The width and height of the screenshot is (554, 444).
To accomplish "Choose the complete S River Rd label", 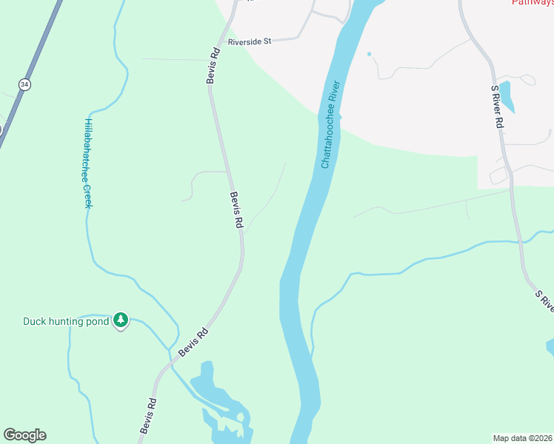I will pyautogui.click(x=498, y=107).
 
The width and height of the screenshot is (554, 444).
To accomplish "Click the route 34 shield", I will pyautogui.click(x=25, y=85).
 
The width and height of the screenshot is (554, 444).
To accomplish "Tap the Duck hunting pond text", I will pyautogui.click(x=66, y=321).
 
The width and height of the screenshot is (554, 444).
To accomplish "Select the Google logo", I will pyautogui.click(x=24, y=435).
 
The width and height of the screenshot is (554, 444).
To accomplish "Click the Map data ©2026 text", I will pyautogui.click(x=522, y=437).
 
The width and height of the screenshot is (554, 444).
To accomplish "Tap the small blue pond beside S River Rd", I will pyautogui.click(x=507, y=97).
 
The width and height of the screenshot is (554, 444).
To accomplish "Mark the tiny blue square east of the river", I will pyautogui.click(x=369, y=54).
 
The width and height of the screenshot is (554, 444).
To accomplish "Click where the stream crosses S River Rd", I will pyautogui.click(x=521, y=240).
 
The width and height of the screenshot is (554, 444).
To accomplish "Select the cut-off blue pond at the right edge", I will pyautogui.click(x=550, y=347).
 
